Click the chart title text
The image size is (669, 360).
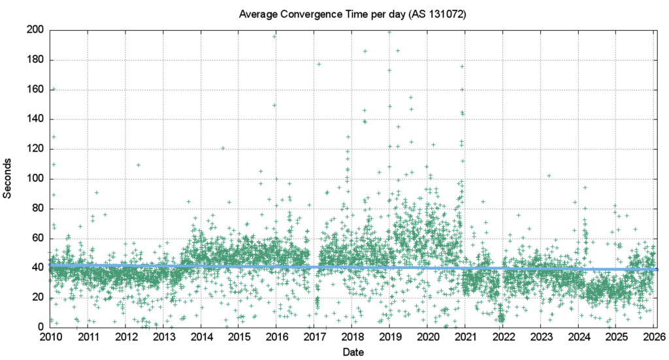pyautogui.click(x=352, y=14)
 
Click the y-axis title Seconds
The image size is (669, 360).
pyautogui.click(x=8, y=178)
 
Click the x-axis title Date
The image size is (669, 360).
pyautogui.click(x=353, y=352)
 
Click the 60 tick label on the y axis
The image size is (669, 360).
pyautogui.click(x=37, y=238)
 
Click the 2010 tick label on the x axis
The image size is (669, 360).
pyautogui.click(x=50, y=337)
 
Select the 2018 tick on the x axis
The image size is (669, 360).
pyautogui.click(x=353, y=337)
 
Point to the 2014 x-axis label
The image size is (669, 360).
pyautogui.click(x=201, y=337)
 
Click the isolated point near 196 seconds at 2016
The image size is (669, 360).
pyautogui.click(x=274, y=37)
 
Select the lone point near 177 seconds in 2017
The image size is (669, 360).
pyautogui.click(x=319, y=64)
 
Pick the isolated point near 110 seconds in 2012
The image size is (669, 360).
pyautogui.click(x=139, y=165)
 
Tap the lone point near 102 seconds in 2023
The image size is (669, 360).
pyautogui.click(x=549, y=176)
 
